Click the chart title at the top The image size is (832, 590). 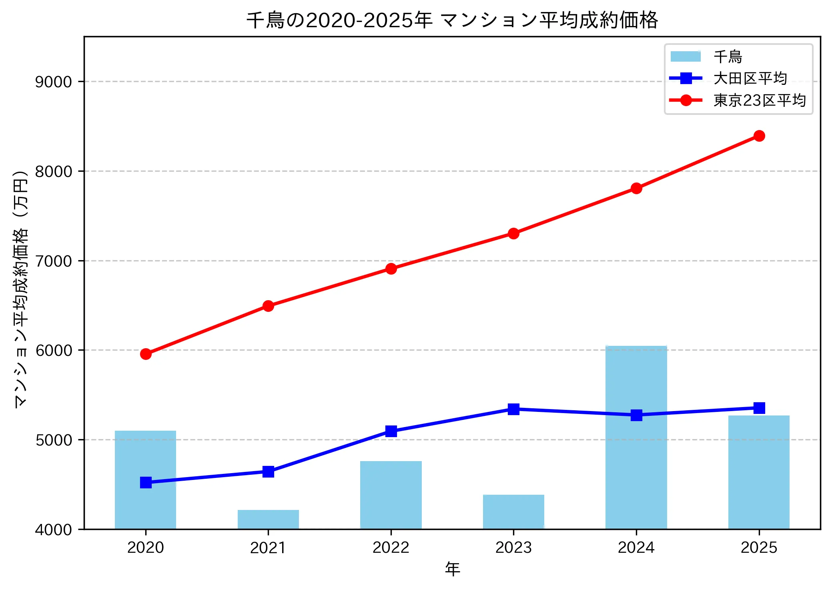[452, 20]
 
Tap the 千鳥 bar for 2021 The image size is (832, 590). [268, 519]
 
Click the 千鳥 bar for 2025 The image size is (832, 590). [759, 472]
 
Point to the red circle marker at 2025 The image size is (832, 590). [759, 136]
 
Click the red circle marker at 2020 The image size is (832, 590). [146, 354]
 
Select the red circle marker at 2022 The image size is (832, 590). [391, 269]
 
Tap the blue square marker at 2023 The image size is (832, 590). [513, 409]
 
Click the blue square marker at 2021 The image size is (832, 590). [268, 472]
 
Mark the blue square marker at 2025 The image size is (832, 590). [759, 408]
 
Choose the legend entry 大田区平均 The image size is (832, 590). [750, 78]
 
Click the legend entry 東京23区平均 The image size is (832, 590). [759, 100]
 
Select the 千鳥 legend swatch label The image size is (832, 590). [728, 56]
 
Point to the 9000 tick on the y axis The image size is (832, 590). [53, 82]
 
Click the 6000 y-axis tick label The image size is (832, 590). [53, 350]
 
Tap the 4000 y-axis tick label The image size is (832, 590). [53, 530]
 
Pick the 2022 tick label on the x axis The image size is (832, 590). [391, 548]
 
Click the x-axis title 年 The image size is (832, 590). [452, 569]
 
